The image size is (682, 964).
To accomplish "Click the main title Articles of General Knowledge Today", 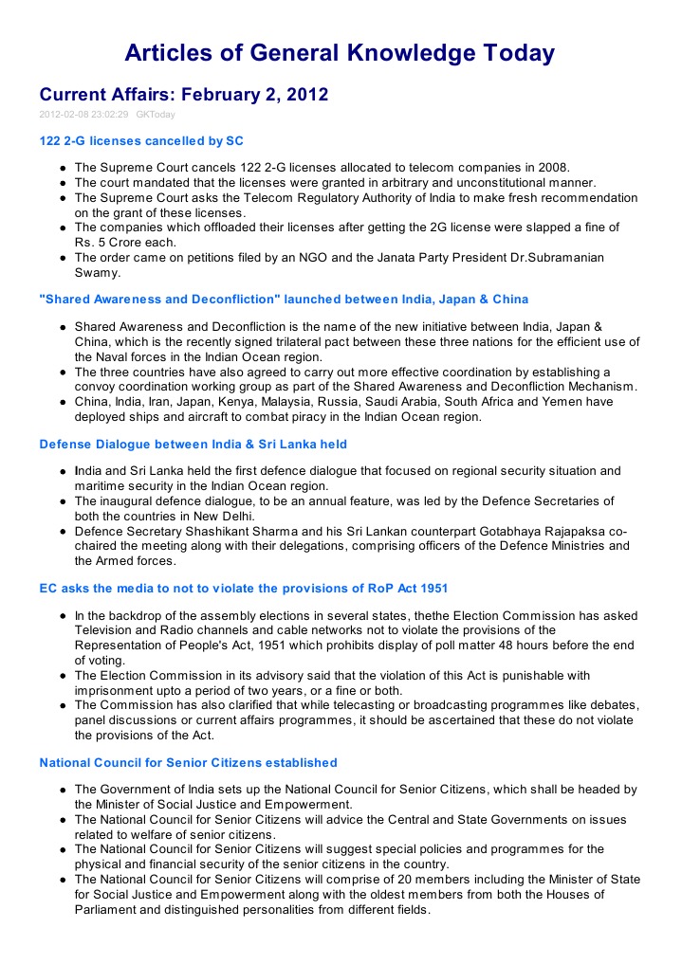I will coord(340,53).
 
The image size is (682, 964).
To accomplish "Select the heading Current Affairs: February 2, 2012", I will coord(183,95).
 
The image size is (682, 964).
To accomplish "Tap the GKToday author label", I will coord(156,115).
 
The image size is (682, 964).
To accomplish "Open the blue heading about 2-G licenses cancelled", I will coord(141,141).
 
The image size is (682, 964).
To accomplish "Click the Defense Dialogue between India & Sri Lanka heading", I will coord(194,444).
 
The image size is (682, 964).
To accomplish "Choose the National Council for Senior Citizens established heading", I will coord(188,762).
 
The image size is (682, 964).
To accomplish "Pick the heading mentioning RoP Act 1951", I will coord(244,589).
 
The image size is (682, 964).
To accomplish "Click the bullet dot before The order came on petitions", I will coord(62,258).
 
